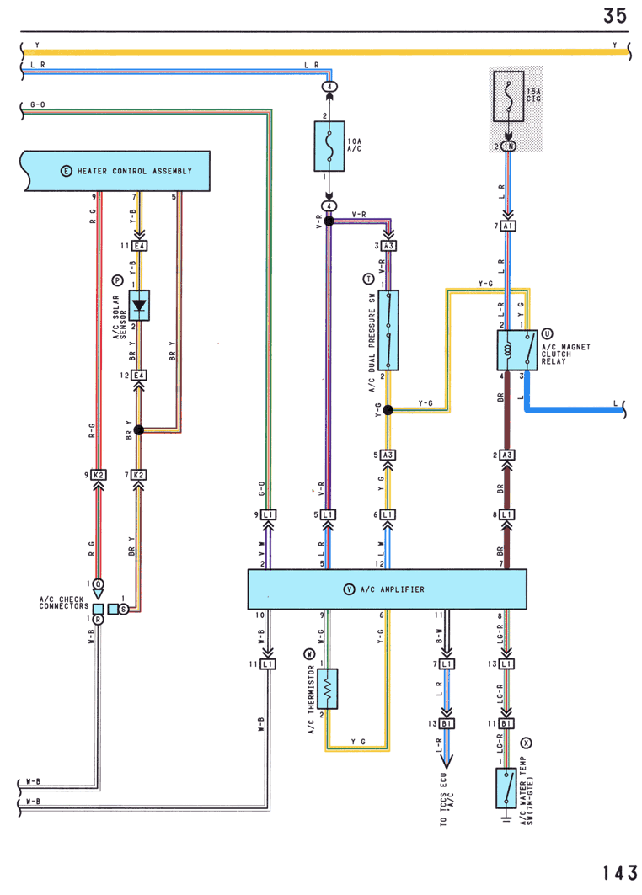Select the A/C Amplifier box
[387, 589]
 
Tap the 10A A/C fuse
[329, 147]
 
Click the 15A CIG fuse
[508, 97]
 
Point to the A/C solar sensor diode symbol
[139, 306]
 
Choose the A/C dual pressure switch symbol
[388, 331]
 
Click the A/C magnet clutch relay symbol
[517, 350]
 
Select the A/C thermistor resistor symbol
[327, 689]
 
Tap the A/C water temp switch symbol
[506, 788]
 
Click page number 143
[620, 873]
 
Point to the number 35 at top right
[615, 15]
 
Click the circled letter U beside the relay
[547, 334]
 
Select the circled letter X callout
[526, 743]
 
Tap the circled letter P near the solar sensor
[117, 280]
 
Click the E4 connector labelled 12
[139, 375]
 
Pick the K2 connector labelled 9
[99, 475]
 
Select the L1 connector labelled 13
[506, 663]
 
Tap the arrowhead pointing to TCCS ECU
[447, 761]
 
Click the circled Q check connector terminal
[99, 584]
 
